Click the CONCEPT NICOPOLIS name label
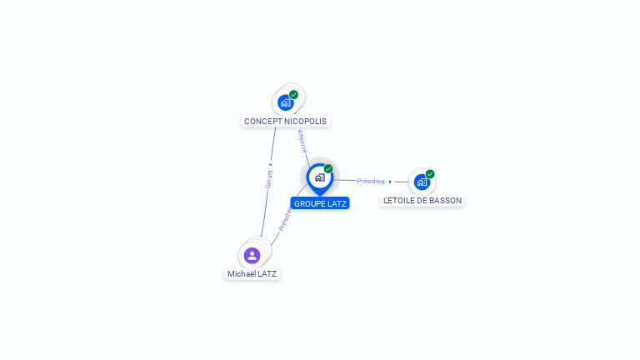coord(285,122)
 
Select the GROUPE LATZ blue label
coord(321,203)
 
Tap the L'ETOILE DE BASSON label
coord(422,201)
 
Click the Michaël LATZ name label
coord(252,274)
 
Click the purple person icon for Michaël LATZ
coord(252,255)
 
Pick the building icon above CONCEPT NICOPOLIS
coord(285,103)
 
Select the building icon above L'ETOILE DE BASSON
coord(422,182)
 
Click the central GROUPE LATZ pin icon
coord(319,177)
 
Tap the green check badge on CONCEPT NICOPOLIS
coord(294,94)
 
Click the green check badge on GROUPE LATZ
coord(328,168)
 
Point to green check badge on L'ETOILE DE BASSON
coord(430,173)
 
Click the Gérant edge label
coord(269,180)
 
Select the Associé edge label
coord(302,141)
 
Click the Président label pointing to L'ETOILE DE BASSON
coord(371,181)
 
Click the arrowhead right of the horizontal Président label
coord(390,181)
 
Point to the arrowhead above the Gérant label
coord(270,165)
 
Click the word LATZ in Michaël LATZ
coord(267,274)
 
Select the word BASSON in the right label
coord(445,201)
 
